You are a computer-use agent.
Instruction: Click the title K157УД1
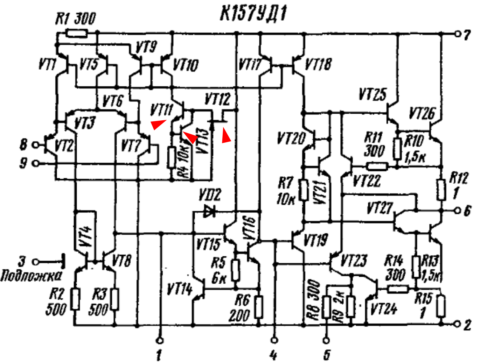[x=253, y=13]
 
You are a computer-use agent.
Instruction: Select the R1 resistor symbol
[x=77, y=33]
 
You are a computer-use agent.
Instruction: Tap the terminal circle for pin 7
[x=458, y=34]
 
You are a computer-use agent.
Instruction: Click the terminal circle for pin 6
[x=458, y=211]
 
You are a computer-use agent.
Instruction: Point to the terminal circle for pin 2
[x=458, y=324]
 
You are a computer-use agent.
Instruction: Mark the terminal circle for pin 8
[x=36, y=145]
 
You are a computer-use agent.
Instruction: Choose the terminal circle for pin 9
[x=36, y=163]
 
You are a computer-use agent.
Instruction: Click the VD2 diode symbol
[x=209, y=211]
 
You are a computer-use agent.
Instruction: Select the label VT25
[x=373, y=94]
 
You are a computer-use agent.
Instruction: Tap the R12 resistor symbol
[x=441, y=190]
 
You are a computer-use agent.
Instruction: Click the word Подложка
[x=31, y=276]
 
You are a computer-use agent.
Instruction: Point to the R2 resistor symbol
[x=75, y=299]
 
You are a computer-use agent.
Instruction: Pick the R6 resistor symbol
[x=258, y=307]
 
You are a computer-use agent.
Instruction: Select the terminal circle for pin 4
[x=274, y=340]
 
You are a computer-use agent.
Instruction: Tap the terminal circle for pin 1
[x=159, y=341]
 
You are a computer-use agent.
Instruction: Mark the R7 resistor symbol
[x=304, y=190]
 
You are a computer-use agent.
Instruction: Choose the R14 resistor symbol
[x=398, y=289]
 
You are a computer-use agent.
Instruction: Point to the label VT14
[x=180, y=289]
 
